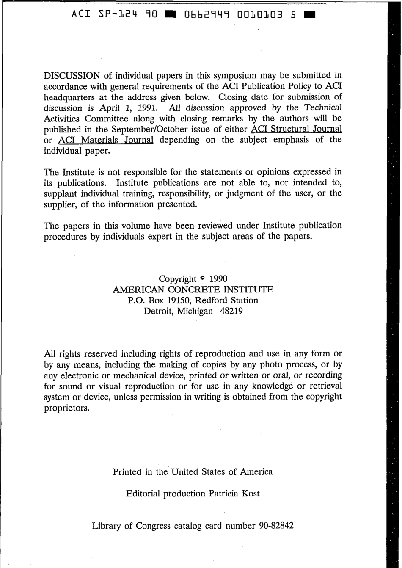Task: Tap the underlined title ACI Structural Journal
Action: [296, 129]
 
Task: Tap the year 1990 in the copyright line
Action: [218, 279]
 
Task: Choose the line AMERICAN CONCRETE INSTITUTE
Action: [193, 290]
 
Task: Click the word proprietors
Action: [67, 409]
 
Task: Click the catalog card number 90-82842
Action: [275, 526]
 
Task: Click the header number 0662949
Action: [207, 14]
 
